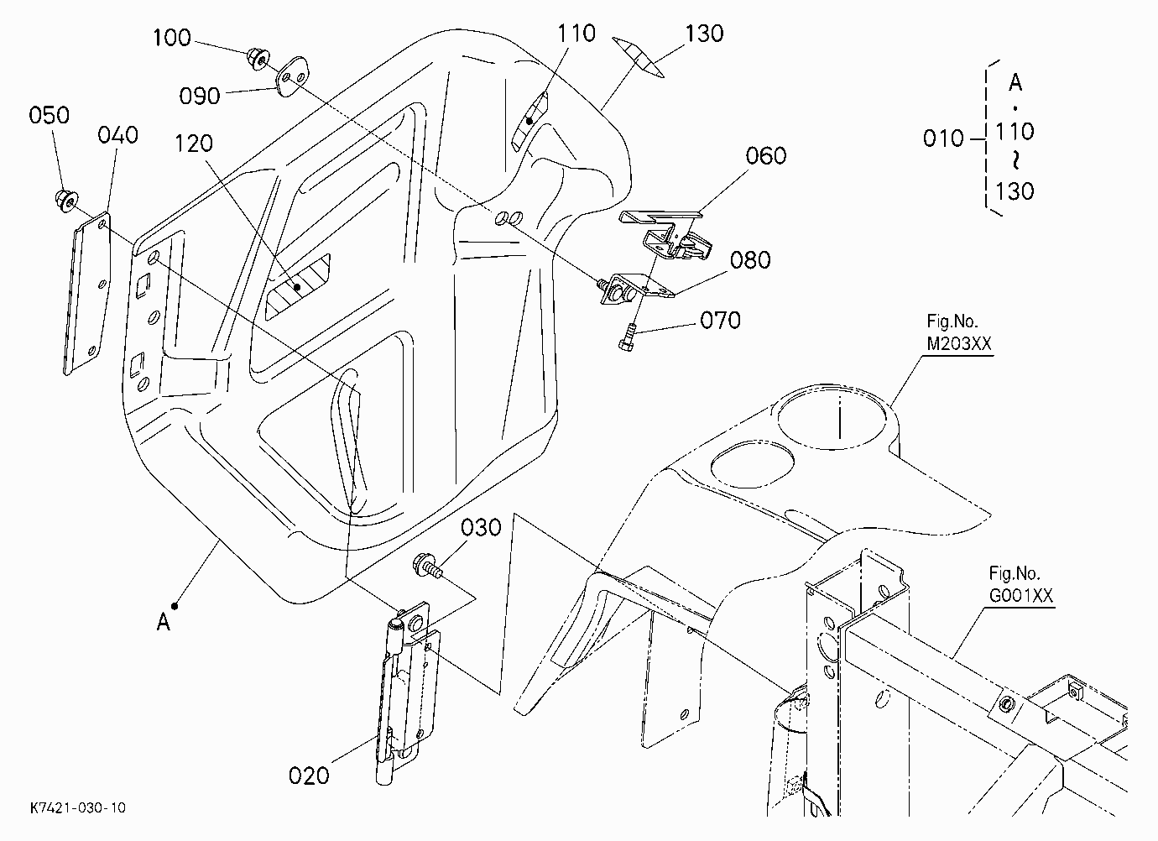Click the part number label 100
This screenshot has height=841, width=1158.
point(172,38)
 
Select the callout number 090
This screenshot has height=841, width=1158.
point(200,97)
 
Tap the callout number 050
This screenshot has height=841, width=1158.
point(50,115)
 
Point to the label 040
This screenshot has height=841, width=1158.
point(117,135)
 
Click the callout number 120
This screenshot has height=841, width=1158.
point(194,144)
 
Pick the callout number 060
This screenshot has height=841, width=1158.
point(765,155)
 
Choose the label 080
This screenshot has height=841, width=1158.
point(750,260)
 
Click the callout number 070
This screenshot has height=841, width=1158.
point(720,321)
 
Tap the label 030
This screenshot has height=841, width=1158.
point(481,528)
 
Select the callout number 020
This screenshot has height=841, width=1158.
point(309,776)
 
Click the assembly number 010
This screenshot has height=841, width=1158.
point(943,138)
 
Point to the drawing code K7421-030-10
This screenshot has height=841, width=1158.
point(77,808)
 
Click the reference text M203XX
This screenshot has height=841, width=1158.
point(959,344)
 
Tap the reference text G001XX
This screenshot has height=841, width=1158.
point(1021,596)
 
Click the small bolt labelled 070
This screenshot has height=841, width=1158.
point(627,337)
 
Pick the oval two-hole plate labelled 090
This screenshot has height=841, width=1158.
point(292,76)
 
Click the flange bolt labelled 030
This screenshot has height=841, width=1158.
point(428,566)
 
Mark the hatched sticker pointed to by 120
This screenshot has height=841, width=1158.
point(297,286)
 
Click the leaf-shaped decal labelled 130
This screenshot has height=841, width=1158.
point(638,57)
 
